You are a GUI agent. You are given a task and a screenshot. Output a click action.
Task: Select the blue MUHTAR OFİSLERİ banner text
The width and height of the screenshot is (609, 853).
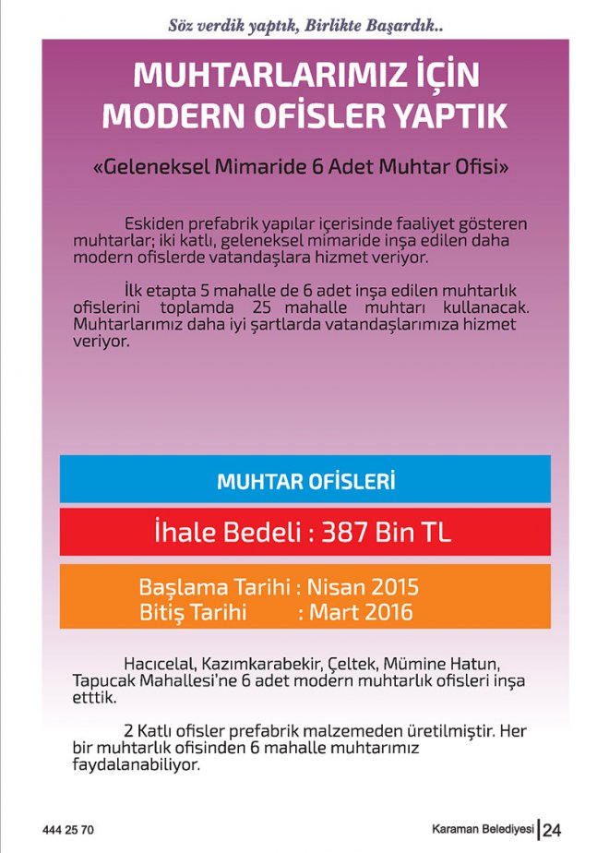coord(305,482)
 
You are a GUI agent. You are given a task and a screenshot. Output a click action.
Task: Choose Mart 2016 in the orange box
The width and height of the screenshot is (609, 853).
coord(361,612)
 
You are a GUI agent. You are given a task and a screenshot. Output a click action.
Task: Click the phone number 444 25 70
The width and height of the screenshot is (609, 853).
coord(68,830)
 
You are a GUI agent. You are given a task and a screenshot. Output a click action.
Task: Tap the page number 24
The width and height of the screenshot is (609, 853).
coord(552,830)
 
